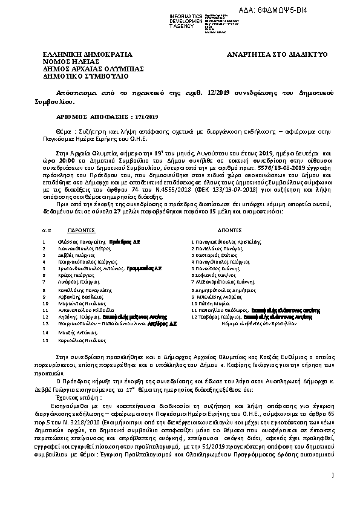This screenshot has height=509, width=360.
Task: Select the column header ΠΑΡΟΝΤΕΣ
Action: pyautogui.click(x=81, y=230)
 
